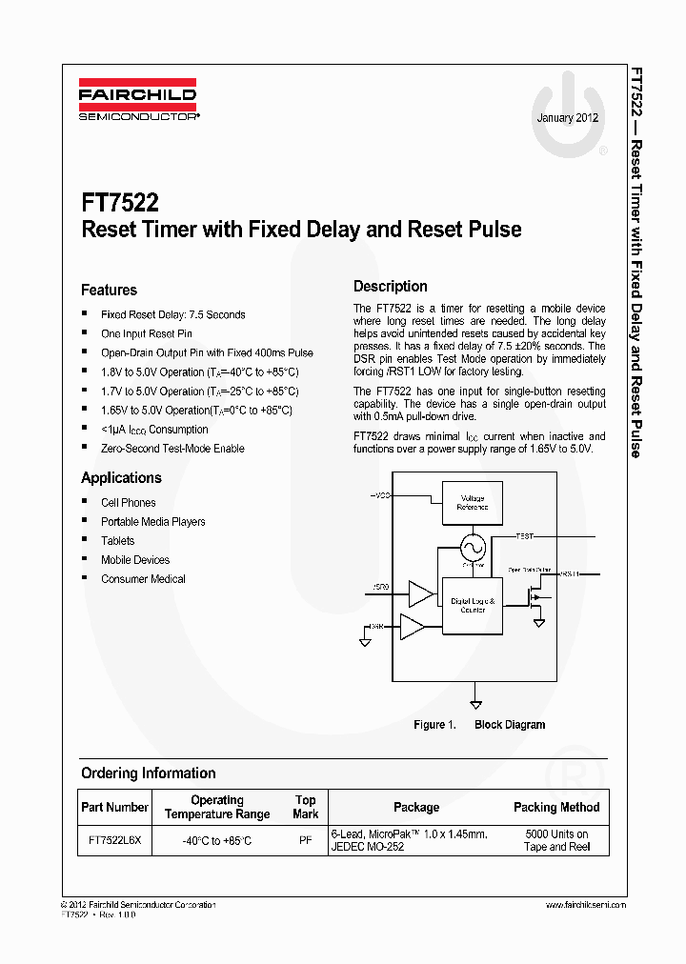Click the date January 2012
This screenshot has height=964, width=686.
[567, 118]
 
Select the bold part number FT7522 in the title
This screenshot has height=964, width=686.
[120, 203]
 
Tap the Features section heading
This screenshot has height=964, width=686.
[109, 290]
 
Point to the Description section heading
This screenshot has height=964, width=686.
[390, 286]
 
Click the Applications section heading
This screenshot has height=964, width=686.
[121, 477]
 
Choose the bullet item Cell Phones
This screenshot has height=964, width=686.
[128, 502]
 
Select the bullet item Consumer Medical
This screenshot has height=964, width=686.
[143, 578]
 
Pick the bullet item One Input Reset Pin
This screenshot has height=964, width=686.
[146, 333]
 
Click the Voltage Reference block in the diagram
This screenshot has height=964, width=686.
[472, 502]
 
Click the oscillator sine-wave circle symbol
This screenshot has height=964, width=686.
[473, 548]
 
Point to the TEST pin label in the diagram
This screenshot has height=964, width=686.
[525, 537]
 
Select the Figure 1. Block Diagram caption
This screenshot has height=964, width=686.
[478, 725]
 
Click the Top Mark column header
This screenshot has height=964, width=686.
[305, 807]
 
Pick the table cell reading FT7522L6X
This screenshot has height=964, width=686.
[114, 840]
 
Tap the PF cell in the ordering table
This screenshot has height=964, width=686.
[305, 840]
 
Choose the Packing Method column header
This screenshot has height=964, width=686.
[556, 807]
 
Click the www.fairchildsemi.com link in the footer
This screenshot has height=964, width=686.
[585, 904]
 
